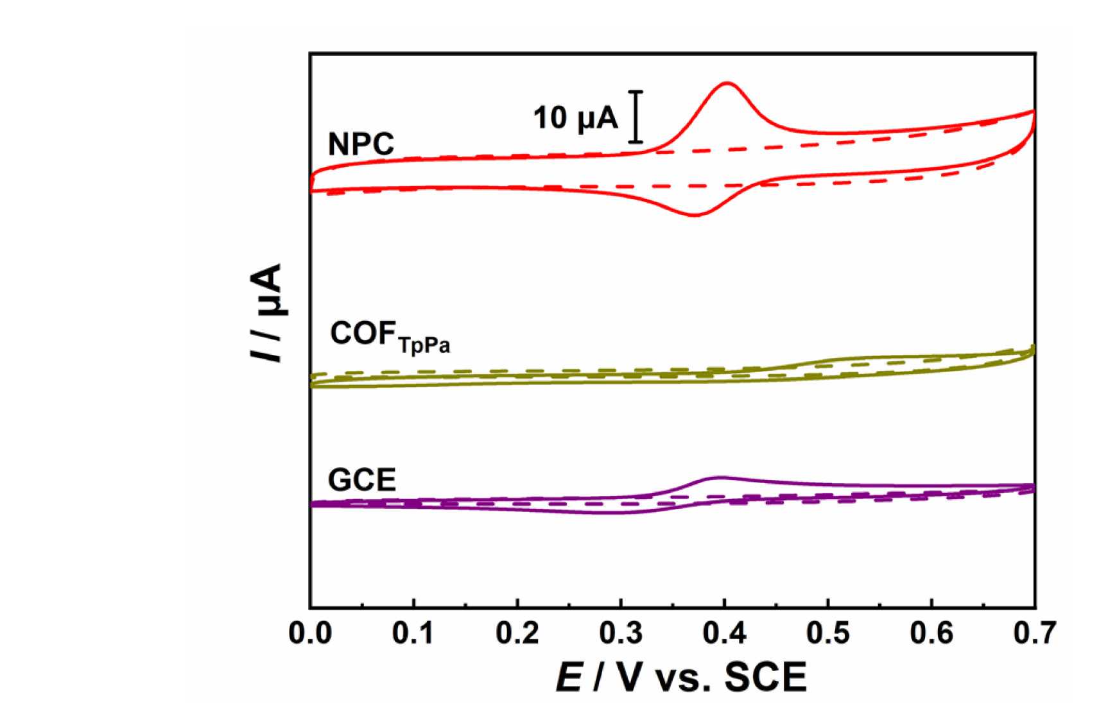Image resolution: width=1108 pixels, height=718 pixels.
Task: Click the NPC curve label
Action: [x=361, y=144]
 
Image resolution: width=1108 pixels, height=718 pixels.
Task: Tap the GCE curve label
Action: [x=361, y=481]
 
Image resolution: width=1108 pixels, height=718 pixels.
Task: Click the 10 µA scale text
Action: [x=575, y=119]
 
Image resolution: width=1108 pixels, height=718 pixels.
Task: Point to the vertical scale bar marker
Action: [x=636, y=117]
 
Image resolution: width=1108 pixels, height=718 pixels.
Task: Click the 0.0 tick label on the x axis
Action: [x=311, y=634]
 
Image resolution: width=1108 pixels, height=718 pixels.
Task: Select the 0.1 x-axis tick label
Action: [x=414, y=634]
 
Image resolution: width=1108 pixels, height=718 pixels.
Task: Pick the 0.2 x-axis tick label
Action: [x=517, y=634]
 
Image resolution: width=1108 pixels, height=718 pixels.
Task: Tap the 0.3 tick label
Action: [x=621, y=634]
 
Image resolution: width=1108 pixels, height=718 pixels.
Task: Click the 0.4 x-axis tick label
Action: [x=724, y=634]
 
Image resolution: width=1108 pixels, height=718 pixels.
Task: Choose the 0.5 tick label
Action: [x=828, y=634]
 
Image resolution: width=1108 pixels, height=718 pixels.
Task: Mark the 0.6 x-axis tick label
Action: [x=931, y=634]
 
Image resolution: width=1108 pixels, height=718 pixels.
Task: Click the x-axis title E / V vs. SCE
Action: [x=680, y=678]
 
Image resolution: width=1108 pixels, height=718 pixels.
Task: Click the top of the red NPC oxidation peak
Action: [x=727, y=83]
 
